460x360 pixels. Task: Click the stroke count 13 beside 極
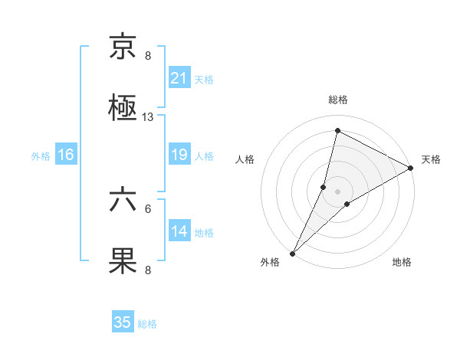(148, 117)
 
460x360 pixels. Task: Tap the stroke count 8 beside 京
(148, 56)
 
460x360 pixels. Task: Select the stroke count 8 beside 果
(148, 270)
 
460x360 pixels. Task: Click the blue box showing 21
(179, 78)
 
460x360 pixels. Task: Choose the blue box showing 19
(179, 155)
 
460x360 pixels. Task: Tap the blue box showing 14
(179, 231)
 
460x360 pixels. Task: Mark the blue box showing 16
(66, 155)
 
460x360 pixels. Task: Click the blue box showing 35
(123, 322)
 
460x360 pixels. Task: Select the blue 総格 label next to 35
(147, 324)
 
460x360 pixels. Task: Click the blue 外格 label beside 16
(41, 155)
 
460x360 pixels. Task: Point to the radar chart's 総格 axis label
(338, 100)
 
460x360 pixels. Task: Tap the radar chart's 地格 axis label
(402, 263)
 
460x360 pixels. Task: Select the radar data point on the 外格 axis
(293, 253)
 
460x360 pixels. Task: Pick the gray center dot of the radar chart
(338, 191)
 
